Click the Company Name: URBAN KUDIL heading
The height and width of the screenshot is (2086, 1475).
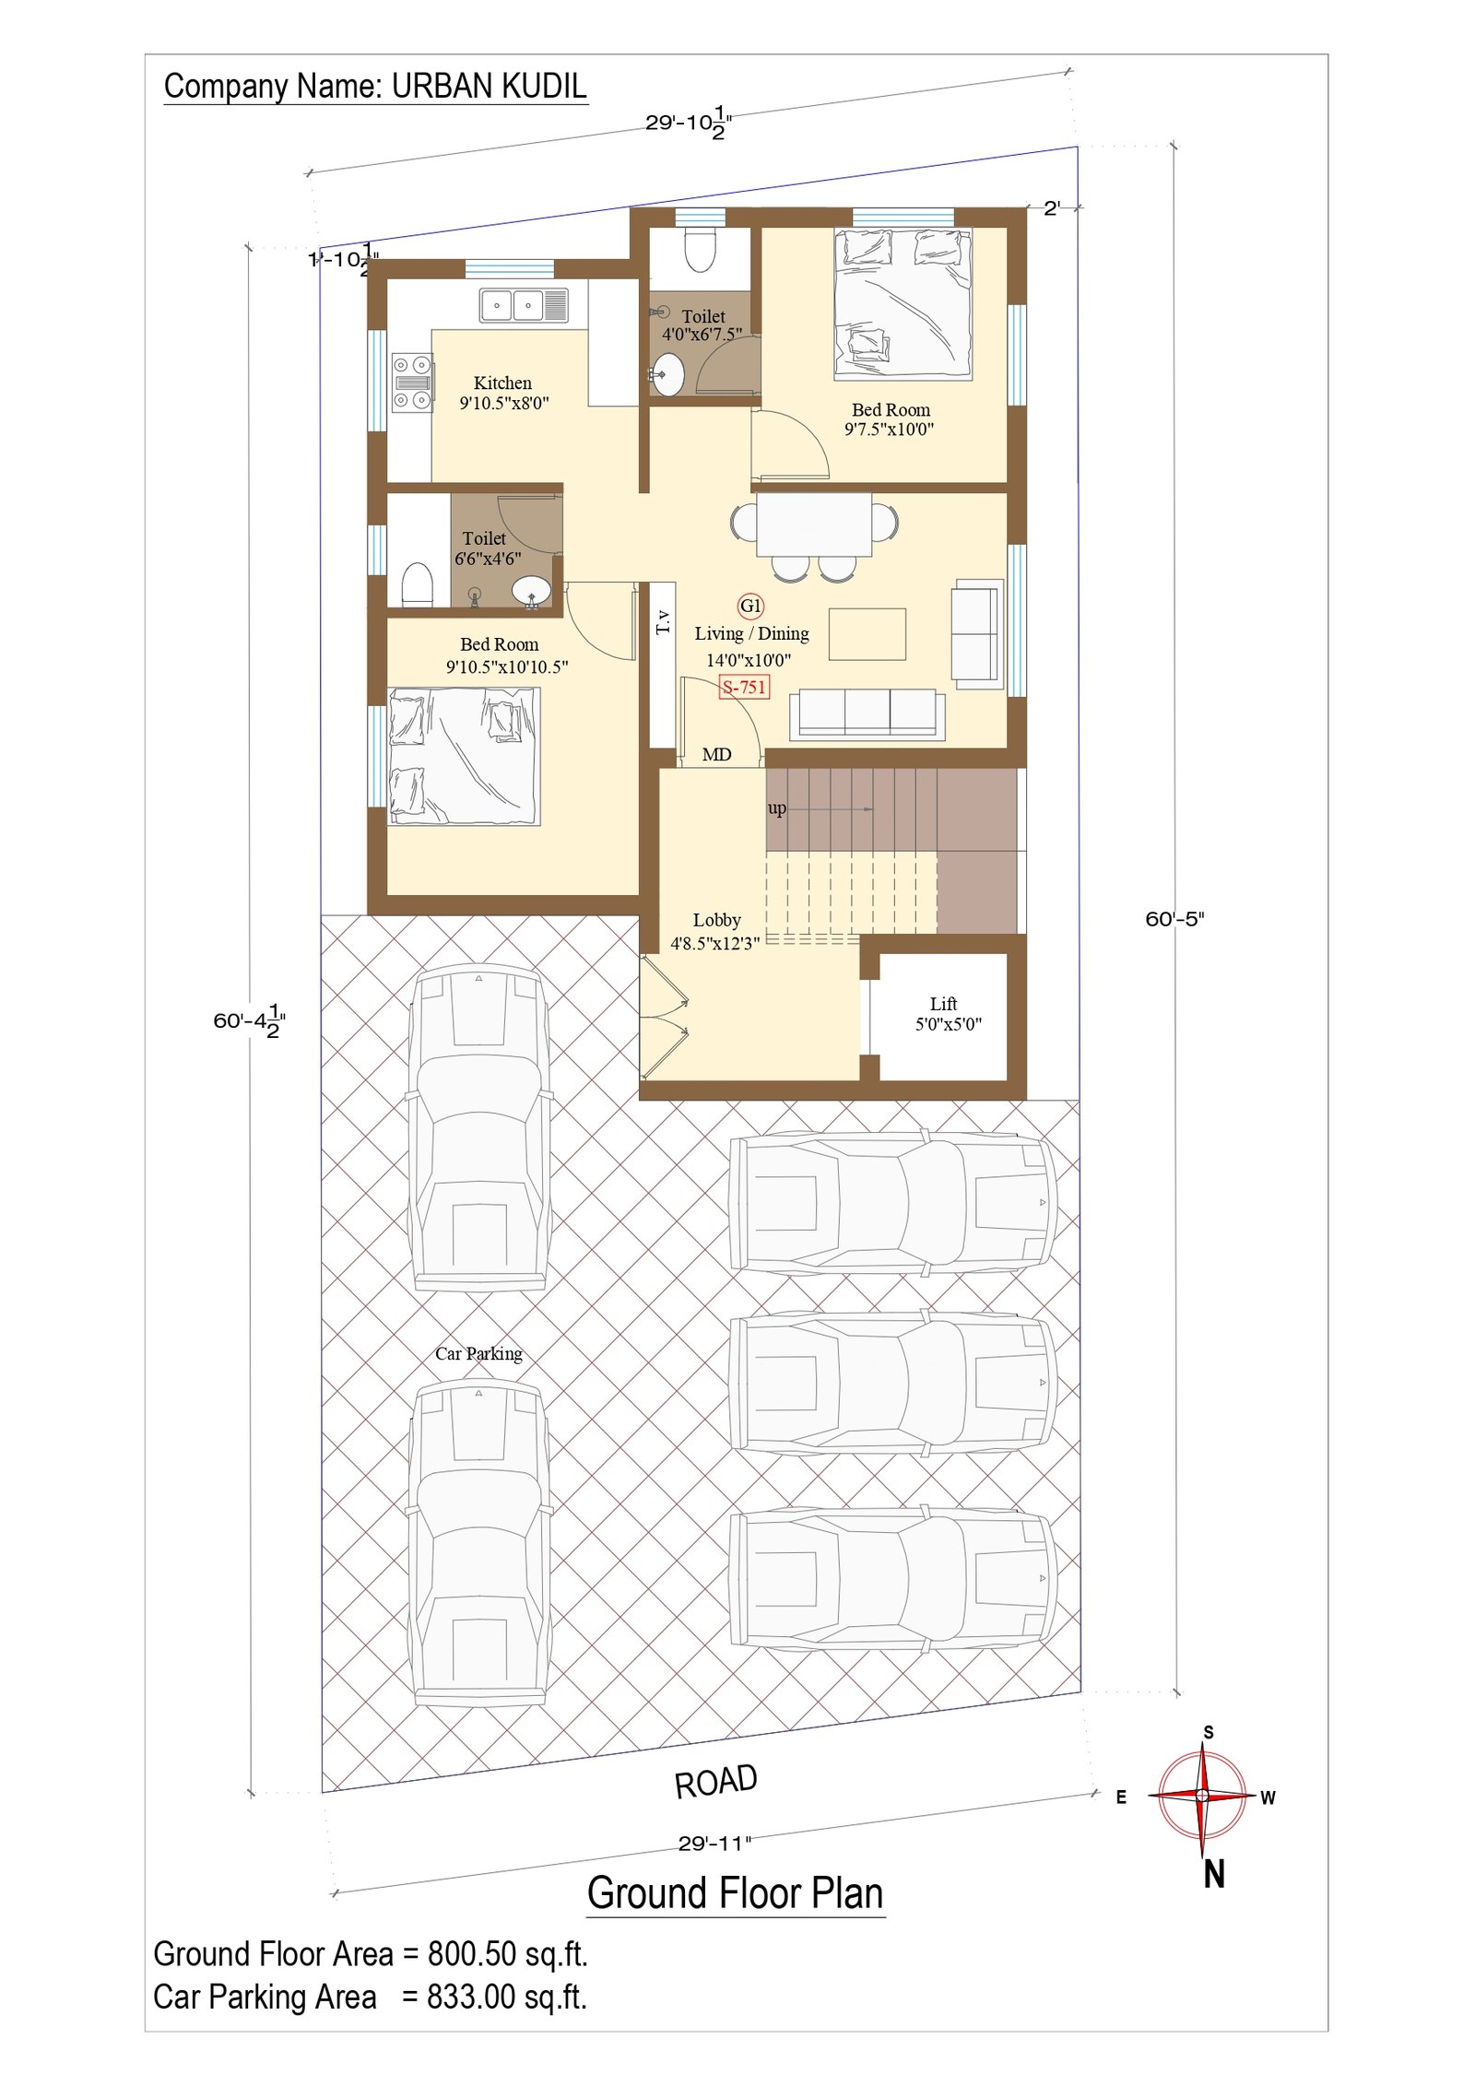pyautogui.click(x=374, y=86)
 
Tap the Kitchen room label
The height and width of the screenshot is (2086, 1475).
pyautogui.click(x=502, y=383)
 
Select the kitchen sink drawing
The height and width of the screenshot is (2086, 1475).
pyautogui.click(x=523, y=305)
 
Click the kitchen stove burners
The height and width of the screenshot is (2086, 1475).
pyautogui.click(x=411, y=382)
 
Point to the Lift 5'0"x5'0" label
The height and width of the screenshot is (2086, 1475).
pyautogui.click(x=947, y=1013)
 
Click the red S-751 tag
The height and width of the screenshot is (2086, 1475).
pyautogui.click(x=743, y=687)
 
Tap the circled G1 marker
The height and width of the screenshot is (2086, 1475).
pyautogui.click(x=750, y=606)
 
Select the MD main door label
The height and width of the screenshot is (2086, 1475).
pyautogui.click(x=716, y=755)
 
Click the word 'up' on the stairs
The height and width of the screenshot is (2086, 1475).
pyautogui.click(x=776, y=808)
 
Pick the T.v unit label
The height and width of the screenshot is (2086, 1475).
pyautogui.click(x=663, y=621)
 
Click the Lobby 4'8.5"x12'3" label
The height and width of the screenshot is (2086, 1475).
pyautogui.click(x=715, y=931)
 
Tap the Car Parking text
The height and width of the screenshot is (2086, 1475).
pyautogui.click(x=478, y=1353)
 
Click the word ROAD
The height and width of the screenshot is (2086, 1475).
pyautogui.click(x=715, y=1782)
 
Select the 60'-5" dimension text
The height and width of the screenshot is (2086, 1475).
pyautogui.click(x=1174, y=919)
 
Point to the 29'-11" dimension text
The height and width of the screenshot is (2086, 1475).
pyautogui.click(x=714, y=1844)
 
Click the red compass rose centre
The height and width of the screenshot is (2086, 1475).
pyautogui.click(x=1201, y=1796)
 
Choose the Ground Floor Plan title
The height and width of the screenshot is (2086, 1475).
pyautogui.click(x=735, y=1893)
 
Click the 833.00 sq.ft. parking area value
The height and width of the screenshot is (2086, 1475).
pyautogui.click(x=506, y=1997)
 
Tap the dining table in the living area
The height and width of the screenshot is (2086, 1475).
pyautogui.click(x=813, y=524)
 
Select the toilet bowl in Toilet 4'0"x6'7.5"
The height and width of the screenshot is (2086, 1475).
pyautogui.click(x=701, y=250)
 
